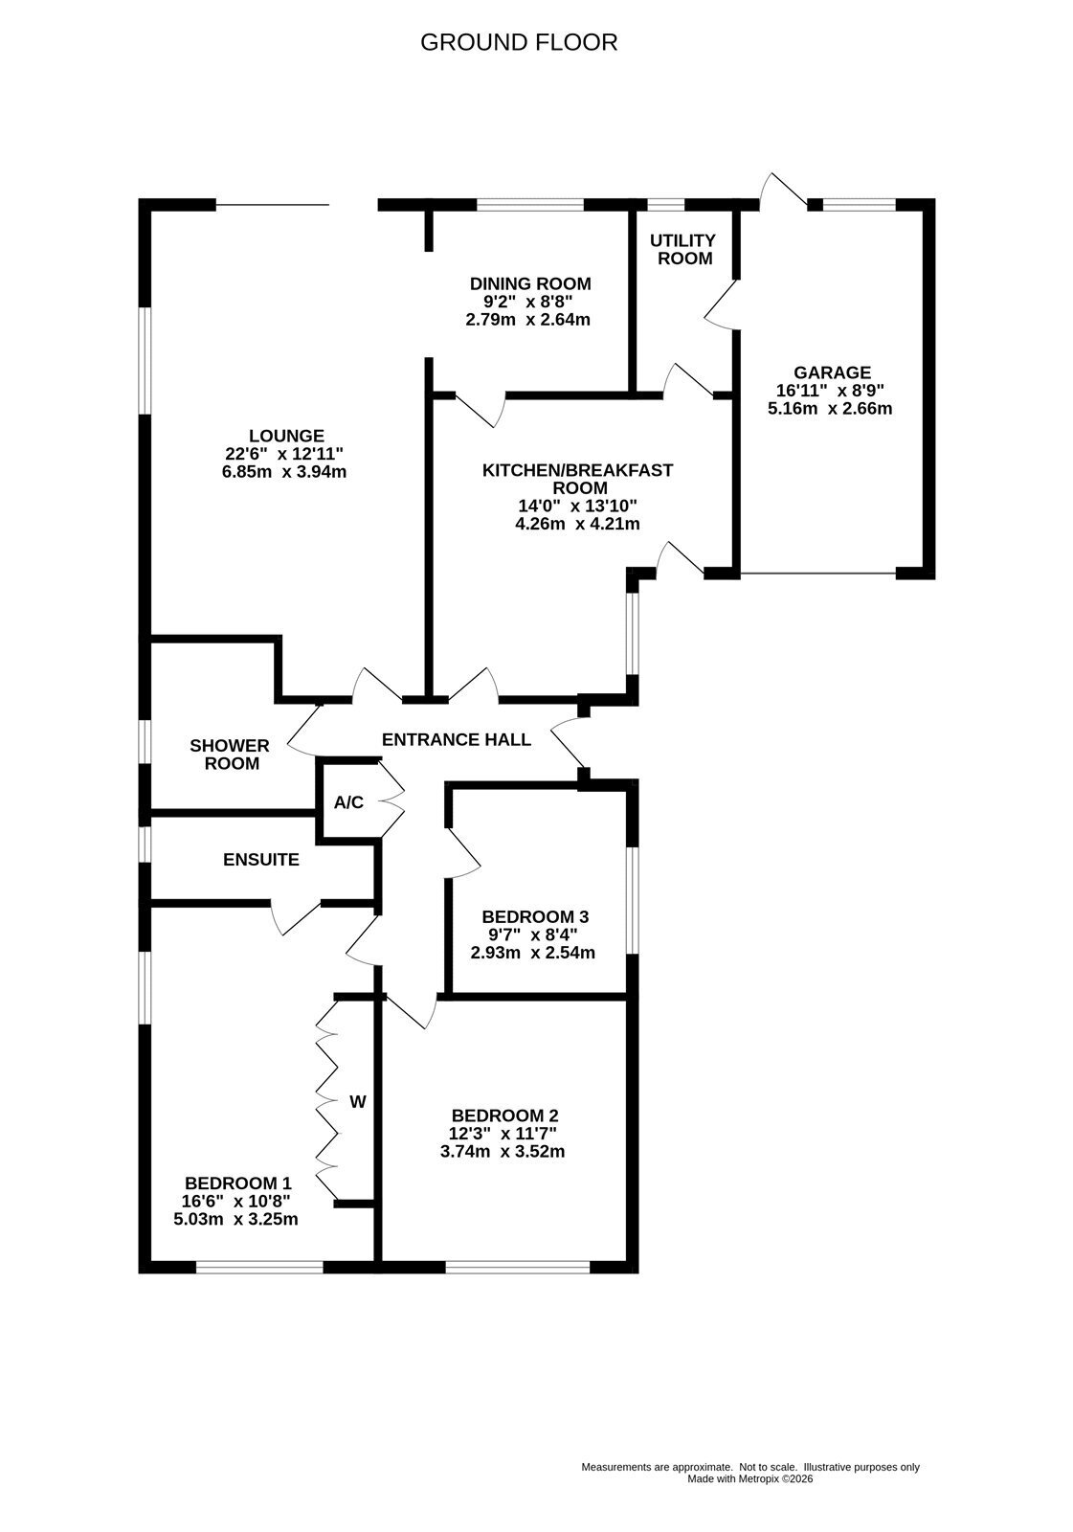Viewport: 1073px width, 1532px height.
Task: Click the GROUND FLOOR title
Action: click(x=519, y=42)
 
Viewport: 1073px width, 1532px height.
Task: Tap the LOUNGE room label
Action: click(x=286, y=436)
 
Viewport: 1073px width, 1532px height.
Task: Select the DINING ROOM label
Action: click(x=530, y=283)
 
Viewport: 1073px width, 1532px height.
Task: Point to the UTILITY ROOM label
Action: click(x=683, y=250)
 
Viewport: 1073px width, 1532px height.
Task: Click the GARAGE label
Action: click(x=833, y=372)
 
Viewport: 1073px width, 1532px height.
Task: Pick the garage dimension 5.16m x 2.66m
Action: click(x=830, y=409)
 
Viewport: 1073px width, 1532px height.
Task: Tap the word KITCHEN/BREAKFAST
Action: click(x=578, y=470)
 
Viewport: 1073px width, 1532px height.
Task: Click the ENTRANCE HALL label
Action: click(x=457, y=739)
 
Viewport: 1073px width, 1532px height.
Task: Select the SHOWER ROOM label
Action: click(x=231, y=755)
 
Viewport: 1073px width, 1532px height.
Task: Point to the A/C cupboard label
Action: click(x=348, y=802)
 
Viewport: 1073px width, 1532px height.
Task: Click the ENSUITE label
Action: click(x=261, y=860)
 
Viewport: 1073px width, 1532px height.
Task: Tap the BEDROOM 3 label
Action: click(x=535, y=916)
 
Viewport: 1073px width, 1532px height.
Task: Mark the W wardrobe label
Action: click(x=358, y=1102)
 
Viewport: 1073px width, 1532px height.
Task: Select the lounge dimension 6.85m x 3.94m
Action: click(x=284, y=472)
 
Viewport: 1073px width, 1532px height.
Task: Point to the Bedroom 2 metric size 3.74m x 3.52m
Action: click(x=503, y=1152)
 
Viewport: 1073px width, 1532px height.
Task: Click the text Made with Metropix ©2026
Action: click(x=750, y=1478)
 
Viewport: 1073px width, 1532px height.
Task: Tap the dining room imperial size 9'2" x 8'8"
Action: click(x=528, y=302)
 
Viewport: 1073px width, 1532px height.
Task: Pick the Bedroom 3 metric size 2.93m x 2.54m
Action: click(x=533, y=953)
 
